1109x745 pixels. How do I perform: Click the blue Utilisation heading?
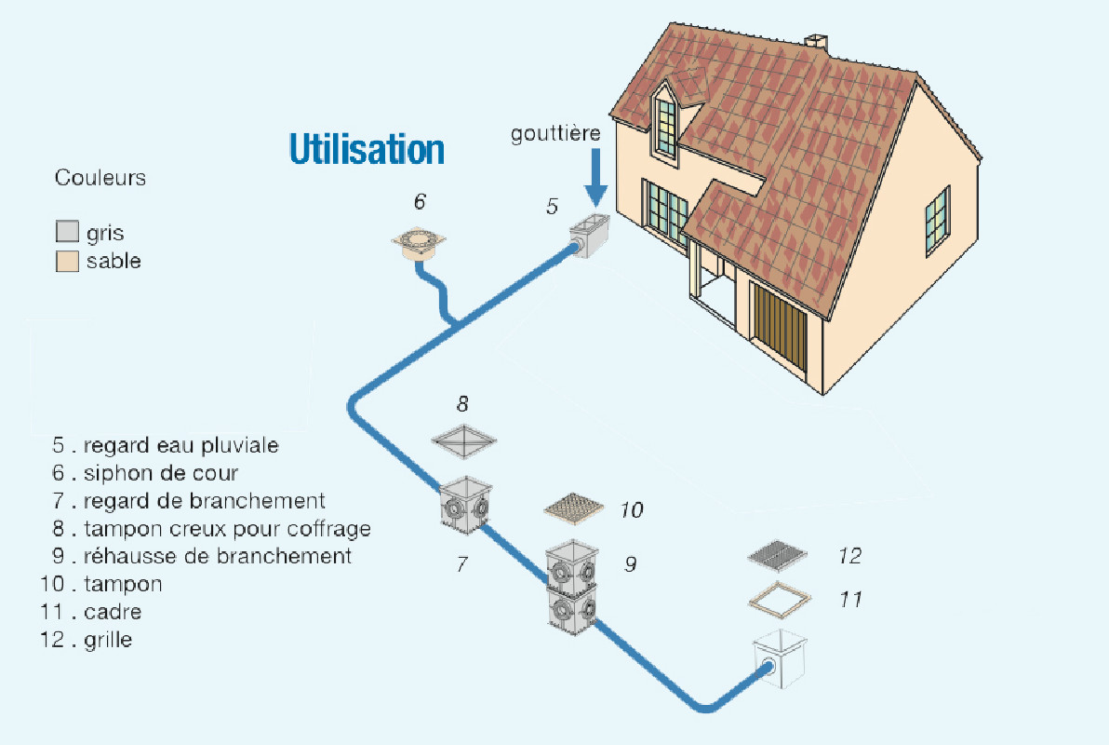click(367, 148)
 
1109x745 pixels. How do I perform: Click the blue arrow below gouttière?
click(595, 181)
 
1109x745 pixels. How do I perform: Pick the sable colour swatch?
click(67, 262)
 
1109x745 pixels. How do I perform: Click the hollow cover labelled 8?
click(463, 440)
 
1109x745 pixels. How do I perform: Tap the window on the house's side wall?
click(936, 221)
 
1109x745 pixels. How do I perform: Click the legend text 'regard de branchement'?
click(204, 501)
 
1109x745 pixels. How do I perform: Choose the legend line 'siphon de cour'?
click(160, 473)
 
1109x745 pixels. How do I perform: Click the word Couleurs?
click(100, 178)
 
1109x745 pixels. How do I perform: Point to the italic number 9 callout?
click(630, 563)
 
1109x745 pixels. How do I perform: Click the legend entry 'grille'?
click(107, 640)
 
